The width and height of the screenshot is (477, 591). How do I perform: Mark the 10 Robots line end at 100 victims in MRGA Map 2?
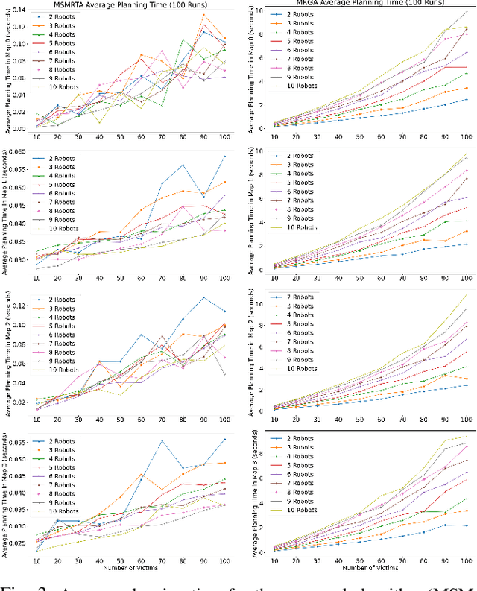coord(467,294)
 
